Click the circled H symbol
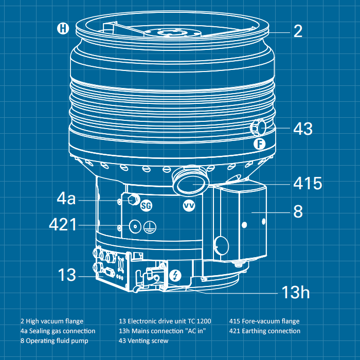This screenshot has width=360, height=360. (63, 28)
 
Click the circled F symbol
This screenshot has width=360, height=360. (260, 144)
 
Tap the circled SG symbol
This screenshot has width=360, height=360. (147, 205)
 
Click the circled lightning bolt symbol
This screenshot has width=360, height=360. (175, 276)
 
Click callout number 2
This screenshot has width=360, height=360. (298, 31)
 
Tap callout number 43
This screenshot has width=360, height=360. (302, 129)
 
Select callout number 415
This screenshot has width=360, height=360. (307, 184)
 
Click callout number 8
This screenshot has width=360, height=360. (298, 211)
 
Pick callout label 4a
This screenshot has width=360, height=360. (66, 199)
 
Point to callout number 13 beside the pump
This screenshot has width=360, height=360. (67, 275)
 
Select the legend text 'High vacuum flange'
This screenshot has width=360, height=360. (55, 321)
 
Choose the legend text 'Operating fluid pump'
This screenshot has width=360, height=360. (58, 340)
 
